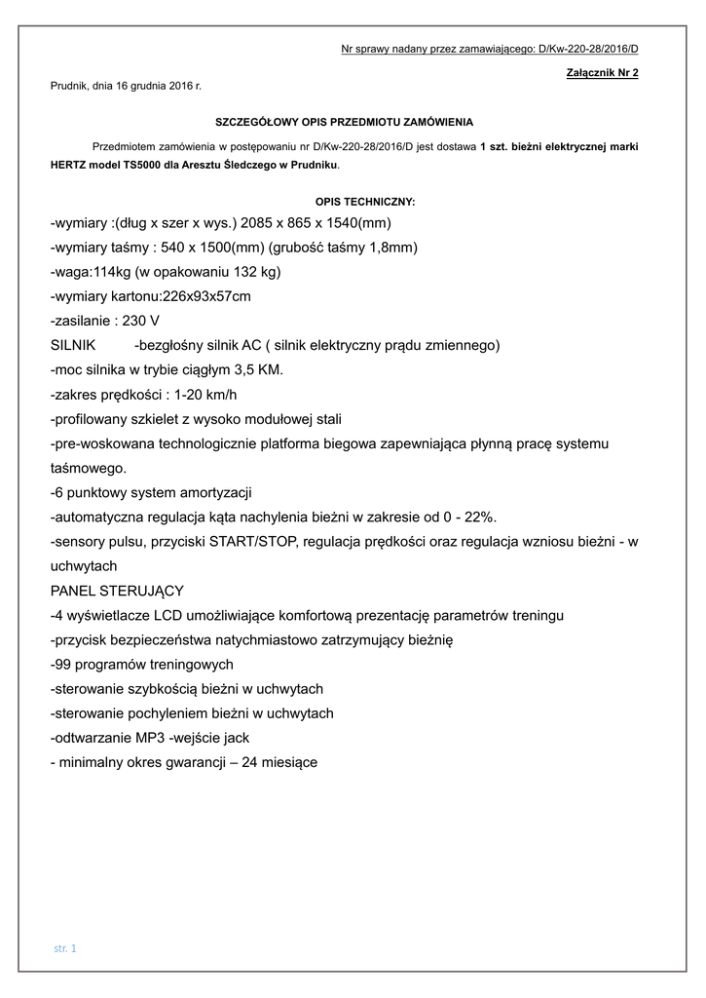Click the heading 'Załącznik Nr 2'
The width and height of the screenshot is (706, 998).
pyautogui.click(x=602, y=73)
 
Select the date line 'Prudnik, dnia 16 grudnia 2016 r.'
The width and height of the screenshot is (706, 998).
pyautogui.click(x=126, y=87)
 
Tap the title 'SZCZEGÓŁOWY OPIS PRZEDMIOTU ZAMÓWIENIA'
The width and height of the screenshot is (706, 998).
pyautogui.click(x=344, y=122)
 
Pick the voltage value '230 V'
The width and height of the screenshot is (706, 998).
pyautogui.click(x=141, y=321)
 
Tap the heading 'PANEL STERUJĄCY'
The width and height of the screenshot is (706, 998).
pyautogui.click(x=116, y=591)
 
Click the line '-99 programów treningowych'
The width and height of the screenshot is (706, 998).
pyautogui.click(x=141, y=664)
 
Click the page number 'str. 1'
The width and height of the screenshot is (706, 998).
pyautogui.click(x=67, y=947)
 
